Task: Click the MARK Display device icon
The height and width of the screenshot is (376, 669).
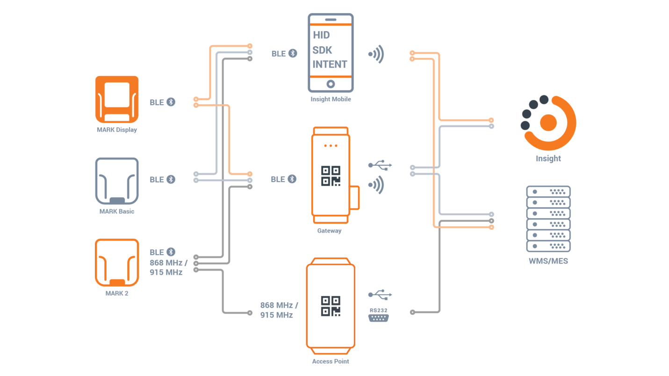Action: pyautogui.click(x=117, y=99)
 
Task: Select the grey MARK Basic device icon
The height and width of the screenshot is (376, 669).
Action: pyautogui.click(x=117, y=181)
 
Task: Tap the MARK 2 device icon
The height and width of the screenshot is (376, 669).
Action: pyautogui.click(x=117, y=262)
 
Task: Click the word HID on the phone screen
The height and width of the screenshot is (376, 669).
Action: pyautogui.click(x=321, y=35)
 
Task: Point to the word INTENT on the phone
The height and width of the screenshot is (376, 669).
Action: pyautogui.click(x=330, y=64)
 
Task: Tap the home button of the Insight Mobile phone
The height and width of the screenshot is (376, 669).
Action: pyautogui.click(x=331, y=84)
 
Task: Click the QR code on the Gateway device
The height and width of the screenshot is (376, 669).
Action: pyautogui.click(x=331, y=176)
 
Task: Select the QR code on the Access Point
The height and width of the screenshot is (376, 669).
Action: pyautogui.click(x=331, y=306)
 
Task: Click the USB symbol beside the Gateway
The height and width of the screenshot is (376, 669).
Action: pyautogui.click(x=380, y=165)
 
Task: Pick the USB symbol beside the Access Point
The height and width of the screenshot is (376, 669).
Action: pyautogui.click(x=380, y=295)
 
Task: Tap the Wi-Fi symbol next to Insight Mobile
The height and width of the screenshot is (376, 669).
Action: pyautogui.click(x=376, y=54)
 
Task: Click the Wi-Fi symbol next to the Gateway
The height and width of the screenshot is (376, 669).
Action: pyautogui.click(x=376, y=185)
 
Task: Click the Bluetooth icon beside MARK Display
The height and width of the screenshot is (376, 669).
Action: pyautogui.click(x=171, y=102)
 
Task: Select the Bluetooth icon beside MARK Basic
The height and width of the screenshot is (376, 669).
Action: pyautogui.click(x=171, y=179)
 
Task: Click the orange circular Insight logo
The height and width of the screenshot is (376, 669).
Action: pyautogui.click(x=548, y=123)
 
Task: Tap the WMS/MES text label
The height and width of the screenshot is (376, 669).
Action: pyautogui.click(x=548, y=261)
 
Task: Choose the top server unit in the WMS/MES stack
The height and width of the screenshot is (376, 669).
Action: pyautogui.click(x=548, y=192)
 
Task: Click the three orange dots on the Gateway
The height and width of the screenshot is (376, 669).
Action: pyautogui.click(x=331, y=146)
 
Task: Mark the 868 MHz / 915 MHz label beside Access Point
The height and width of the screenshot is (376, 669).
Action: pyautogui.click(x=279, y=310)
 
